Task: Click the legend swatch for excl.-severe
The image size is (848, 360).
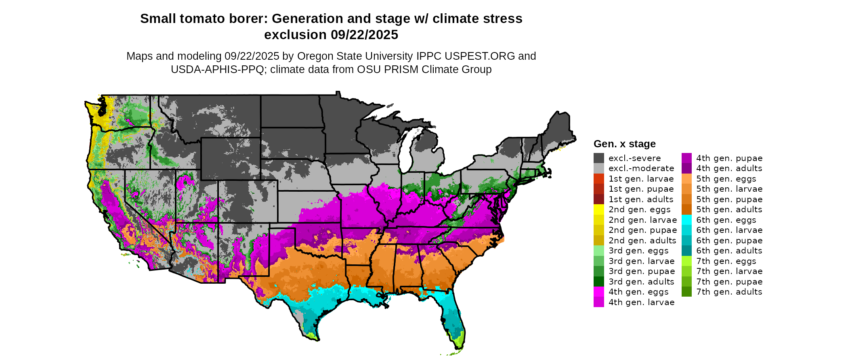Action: (599, 158)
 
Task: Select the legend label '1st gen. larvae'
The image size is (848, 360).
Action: (641, 179)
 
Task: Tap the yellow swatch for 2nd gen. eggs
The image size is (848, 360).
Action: (599, 209)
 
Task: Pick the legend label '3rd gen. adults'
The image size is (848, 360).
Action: (641, 282)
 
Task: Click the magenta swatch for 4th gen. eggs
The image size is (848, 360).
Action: (599, 292)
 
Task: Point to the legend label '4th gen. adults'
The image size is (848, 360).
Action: (729, 168)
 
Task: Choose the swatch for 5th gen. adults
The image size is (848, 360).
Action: (686, 209)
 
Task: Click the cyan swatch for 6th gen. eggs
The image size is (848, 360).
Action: (686, 220)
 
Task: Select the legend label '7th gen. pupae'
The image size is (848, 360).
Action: (729, 282)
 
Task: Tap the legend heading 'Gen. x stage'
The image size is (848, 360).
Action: (624, 144)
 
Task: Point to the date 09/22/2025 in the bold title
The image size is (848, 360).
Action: (364, 35)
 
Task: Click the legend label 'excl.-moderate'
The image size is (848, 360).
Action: (641, 168)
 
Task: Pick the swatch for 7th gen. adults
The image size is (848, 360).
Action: (686, 292)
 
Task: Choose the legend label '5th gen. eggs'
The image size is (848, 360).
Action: (726, 179)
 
